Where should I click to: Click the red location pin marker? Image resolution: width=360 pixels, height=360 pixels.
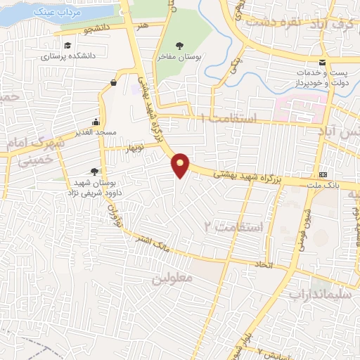click(181, 165)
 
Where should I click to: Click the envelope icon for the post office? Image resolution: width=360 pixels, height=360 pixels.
click(321, 63)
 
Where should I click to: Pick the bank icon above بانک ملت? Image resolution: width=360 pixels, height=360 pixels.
click(322, 174)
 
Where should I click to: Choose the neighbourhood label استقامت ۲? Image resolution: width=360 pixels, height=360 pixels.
click(233, 226)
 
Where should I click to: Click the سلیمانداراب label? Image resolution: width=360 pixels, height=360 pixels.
click(323, 295)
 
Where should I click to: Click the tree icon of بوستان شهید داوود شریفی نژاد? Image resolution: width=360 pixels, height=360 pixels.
click(95, 171)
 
